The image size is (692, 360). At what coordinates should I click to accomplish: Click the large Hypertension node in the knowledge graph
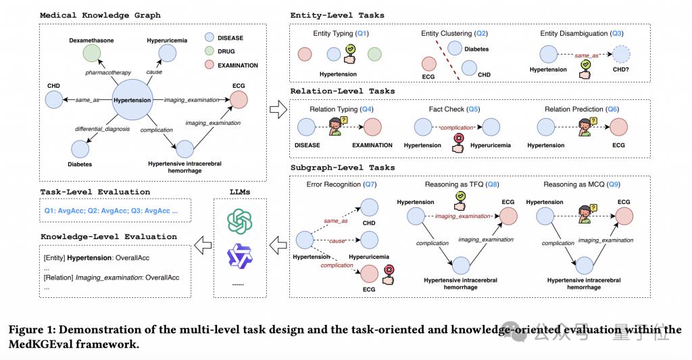pos(132,100)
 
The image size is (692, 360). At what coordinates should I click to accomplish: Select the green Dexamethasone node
pos(92,53)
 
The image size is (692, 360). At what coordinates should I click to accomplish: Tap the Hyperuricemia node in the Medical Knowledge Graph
pos(168,53)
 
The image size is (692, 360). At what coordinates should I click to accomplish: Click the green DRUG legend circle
pos(209,51)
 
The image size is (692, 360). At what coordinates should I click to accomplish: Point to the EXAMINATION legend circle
pos(209,65)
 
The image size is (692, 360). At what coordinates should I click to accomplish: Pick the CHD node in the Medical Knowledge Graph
pos(54,100)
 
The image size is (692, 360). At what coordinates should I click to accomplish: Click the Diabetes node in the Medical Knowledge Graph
pos(80,149)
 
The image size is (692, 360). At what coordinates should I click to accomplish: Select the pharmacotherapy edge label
pos(108,72)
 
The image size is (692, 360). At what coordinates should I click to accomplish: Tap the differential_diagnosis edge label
pos(103,129)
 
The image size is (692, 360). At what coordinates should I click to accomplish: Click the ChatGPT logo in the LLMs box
pos(240,222)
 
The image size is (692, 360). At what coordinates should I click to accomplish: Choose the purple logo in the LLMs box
pos(240,256)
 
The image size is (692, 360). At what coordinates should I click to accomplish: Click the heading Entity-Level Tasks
pos(337,15)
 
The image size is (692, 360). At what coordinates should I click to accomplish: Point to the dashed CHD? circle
pos(621,54)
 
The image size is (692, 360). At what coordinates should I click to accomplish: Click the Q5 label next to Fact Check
pos(473,109)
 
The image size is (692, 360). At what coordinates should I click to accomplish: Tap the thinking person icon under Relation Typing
pos(337,126)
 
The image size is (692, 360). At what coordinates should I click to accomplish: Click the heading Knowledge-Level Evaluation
pos(109,236)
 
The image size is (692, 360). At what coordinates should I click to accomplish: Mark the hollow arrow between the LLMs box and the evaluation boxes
pos(203,245)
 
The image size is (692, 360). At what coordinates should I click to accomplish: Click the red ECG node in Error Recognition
pos(370,274)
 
